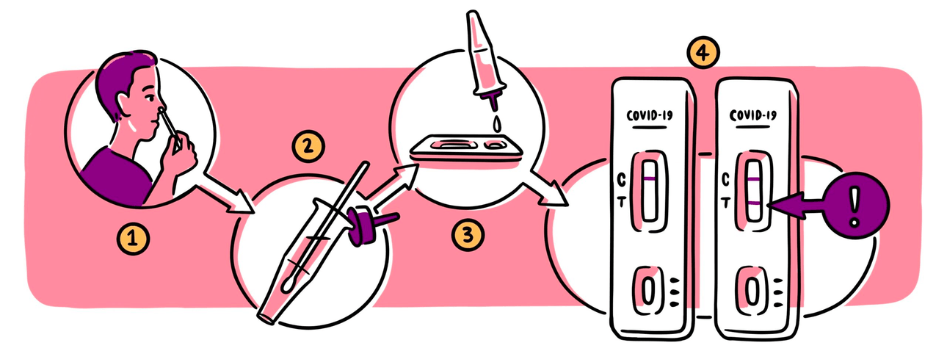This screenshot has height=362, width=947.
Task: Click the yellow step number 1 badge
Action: pos(133,239)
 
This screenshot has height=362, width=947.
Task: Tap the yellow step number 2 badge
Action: pos(308,146)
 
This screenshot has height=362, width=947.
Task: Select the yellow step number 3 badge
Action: pos(468,234)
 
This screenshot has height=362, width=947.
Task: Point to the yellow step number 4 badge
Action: pos(703,53)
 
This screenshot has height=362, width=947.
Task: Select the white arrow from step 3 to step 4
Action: pos(548,187)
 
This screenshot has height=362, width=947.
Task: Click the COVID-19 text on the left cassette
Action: pos(650,115)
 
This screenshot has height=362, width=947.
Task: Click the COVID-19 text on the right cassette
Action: pos(753,115)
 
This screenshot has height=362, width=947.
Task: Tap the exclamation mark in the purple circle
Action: pos(855,207)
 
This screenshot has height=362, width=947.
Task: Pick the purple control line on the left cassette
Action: pos(650,179)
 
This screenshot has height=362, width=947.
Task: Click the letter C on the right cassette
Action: pos(725,180)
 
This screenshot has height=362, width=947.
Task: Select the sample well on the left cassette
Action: pos(648,290)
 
